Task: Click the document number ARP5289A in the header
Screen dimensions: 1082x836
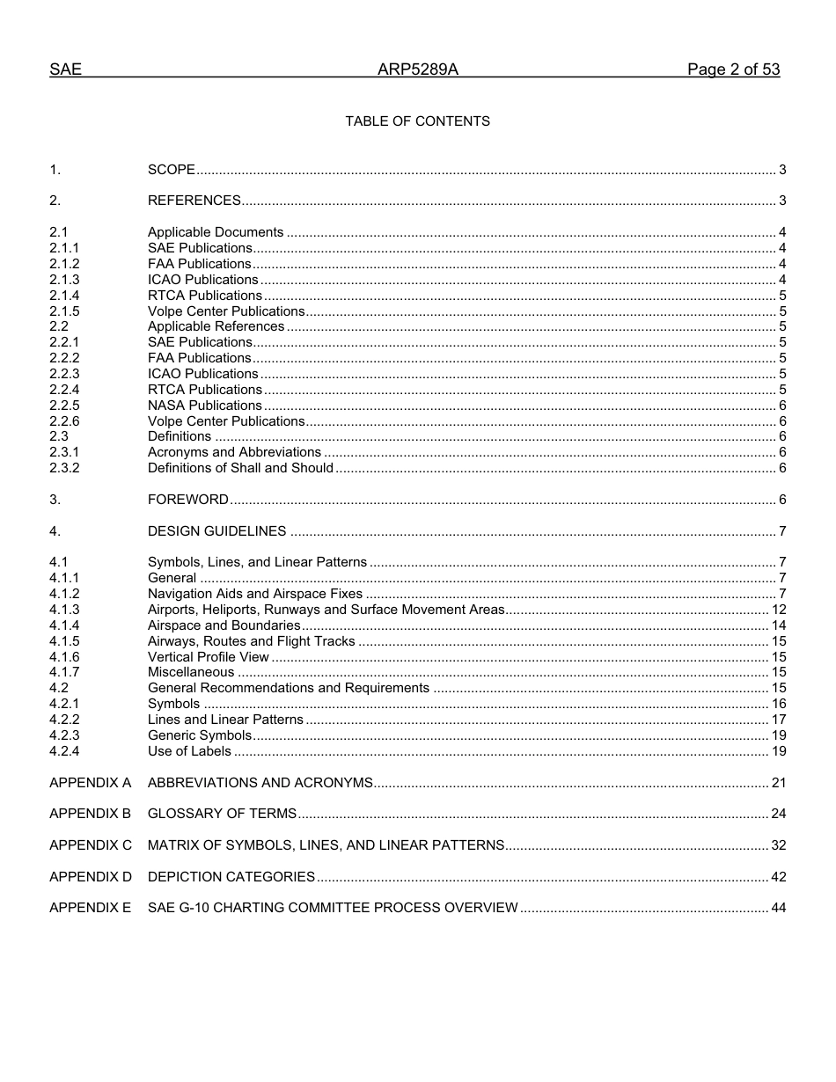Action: (x=417, y=69)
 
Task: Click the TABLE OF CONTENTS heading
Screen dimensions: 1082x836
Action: (x=417, y=121)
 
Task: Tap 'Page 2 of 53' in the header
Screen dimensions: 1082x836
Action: (x=733, y=69)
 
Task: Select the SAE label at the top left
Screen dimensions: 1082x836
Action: (x=65, y=69)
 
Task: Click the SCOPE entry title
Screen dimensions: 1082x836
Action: (x=172, y=170)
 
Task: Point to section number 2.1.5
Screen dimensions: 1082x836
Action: (x=64, y=311)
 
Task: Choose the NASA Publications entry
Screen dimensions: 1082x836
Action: (x=205, y=406)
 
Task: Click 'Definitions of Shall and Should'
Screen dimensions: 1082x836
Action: (x=240, y=468)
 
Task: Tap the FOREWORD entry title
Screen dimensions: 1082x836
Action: (x=188, y=500)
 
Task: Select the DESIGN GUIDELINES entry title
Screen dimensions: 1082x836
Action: (x=216, y=531)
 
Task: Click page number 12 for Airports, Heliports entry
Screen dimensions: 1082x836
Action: (x=779, y=610)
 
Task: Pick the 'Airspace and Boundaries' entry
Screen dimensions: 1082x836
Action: (x=224, y=625)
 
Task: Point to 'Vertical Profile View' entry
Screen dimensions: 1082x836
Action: (x=209, y=657)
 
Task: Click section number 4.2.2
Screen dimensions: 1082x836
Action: (x=64, y=720)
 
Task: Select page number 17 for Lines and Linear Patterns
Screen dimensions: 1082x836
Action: (x=779, y=720)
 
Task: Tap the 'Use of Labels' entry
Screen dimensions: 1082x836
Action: (x=189, y=751)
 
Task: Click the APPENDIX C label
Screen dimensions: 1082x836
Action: (x=91, y=845)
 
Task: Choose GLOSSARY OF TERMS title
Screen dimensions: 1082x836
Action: (x=222, y=814)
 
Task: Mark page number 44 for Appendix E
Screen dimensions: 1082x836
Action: (x=779, y=908)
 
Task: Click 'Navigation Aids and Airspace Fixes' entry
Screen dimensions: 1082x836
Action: (x=255, y=594)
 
